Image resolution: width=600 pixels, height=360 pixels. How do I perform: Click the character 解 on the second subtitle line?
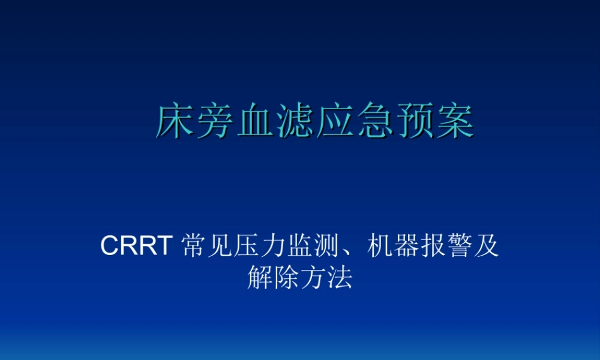tap(260, 278)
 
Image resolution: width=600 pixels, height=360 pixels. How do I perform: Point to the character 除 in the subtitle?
tap(286, 278)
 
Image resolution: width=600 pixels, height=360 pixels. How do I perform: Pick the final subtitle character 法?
tap(340, 278)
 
